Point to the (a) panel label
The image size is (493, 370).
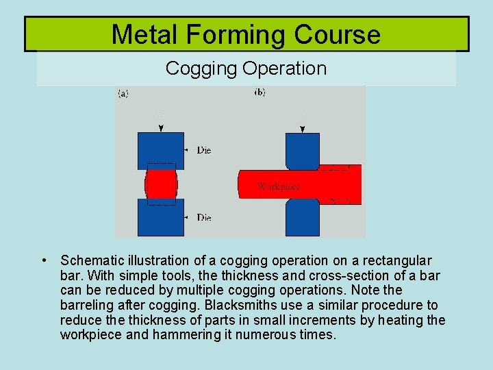(x=123, y=94)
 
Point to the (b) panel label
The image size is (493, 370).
(x=260, y=92)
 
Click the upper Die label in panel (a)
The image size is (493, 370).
(x=203, y=150)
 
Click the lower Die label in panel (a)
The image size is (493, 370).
(x=203, y=217)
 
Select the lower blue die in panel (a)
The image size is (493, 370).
(x=161, y=218)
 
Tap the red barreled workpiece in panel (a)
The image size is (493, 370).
(x=161, y=184)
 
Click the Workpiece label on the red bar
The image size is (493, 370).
(x=278, y=186)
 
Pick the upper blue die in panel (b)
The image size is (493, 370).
(x=302, y=149)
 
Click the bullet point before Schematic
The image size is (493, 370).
(x=44, y=260)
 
